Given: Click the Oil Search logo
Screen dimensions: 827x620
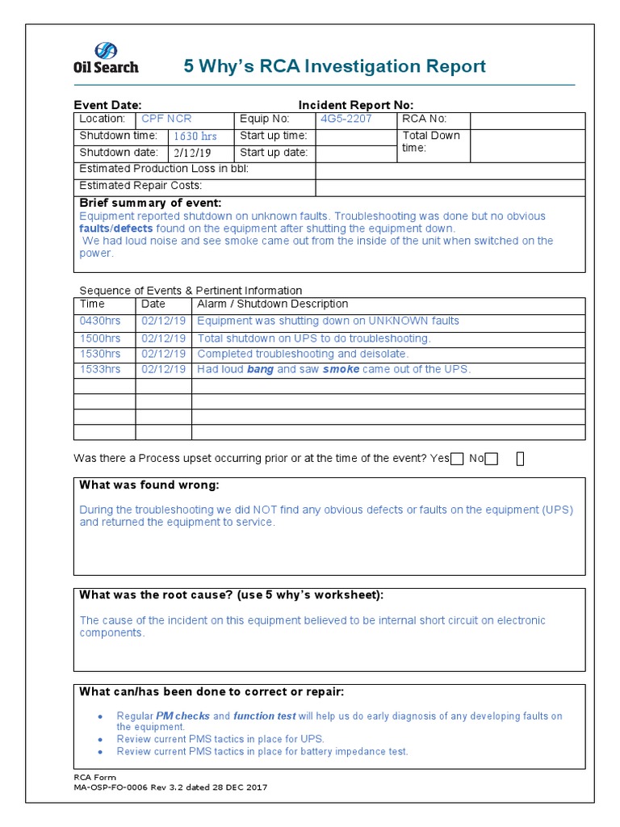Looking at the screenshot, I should coord(106,58).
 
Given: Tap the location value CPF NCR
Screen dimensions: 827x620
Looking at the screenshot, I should coord(166,119).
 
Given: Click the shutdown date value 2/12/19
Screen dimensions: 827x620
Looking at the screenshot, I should coord(191,153).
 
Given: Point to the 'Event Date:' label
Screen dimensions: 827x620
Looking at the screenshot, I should coord(107,105).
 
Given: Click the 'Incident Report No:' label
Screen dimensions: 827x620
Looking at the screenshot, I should coord(355,105).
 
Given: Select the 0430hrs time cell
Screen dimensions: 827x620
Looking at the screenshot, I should coord(100,321).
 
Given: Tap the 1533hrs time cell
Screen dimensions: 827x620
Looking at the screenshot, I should coord(100,369).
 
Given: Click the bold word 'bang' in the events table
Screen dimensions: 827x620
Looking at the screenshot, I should coord(260,369).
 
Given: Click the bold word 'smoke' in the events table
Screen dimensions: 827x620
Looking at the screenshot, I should coord(341,369).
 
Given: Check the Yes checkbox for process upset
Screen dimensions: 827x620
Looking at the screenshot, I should coord(457,459).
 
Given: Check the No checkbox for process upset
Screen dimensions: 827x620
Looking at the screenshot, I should coord(492,459).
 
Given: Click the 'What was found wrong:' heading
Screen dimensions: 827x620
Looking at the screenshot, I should coord(149,485).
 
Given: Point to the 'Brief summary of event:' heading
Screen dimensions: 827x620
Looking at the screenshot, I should coord(149,203).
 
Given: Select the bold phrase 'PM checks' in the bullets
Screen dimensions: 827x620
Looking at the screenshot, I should coord(182,716).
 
